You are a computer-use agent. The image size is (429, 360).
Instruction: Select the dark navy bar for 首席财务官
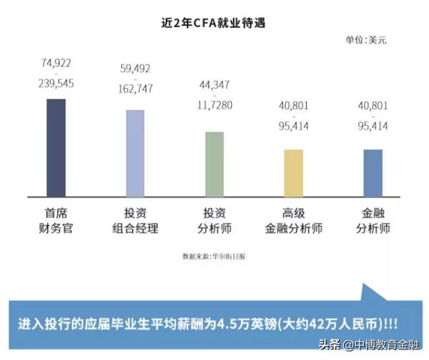coord(56,147)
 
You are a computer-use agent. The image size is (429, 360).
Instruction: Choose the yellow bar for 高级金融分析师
coord(293,172)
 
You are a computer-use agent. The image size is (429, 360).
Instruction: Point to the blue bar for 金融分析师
coord(373,172)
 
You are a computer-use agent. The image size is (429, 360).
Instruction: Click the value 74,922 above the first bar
coord(56,64)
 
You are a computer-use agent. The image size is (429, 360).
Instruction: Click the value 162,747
coord(136,89)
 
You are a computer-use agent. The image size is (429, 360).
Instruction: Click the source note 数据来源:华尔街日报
coord(214,256)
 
